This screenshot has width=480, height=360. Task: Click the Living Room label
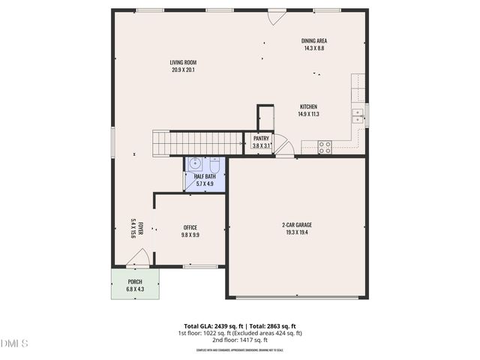[x=183, y=63]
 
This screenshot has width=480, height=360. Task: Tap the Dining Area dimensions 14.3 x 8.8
[x=314, y=48]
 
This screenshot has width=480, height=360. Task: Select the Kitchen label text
[x=309, y=106]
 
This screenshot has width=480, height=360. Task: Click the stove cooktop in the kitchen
[x=325, y=147]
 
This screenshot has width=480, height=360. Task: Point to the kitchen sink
[x=358, y=114]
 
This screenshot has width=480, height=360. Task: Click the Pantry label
[x=261, y=138]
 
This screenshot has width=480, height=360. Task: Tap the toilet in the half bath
[x=214, y=165]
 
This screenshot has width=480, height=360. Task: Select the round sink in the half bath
[x=195, y=163]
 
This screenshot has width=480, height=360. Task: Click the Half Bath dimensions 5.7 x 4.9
[x=205, y=184]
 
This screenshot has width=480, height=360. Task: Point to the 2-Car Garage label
[x=297, y=225]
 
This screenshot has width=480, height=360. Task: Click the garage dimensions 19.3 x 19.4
[x=297, y=232]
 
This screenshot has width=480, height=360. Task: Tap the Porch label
[x=135, y=282]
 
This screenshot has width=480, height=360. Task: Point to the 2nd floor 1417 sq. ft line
[x=239, y=340]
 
